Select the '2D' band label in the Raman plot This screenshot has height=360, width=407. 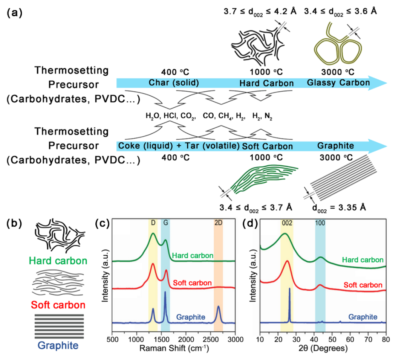click(218, 223)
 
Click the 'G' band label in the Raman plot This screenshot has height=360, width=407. click(165, 223)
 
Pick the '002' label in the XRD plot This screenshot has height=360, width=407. click(286, 223)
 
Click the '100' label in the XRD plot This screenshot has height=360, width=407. click(320, 223)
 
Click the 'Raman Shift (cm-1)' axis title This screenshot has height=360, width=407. click(174, 348)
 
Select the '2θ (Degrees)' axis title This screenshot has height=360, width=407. click(323, 348)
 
